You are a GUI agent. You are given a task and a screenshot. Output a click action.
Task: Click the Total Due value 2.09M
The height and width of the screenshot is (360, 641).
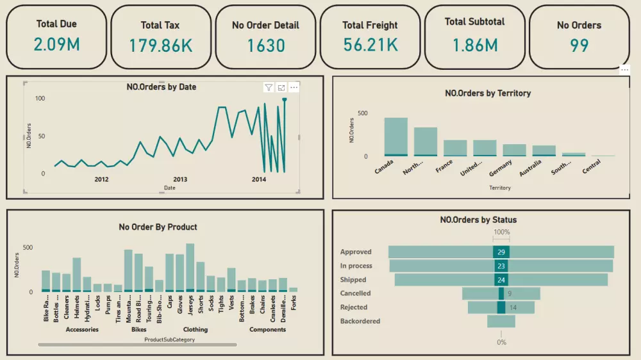tap(56, 45)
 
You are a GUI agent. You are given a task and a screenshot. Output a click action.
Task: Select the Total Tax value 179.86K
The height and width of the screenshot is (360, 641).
tap(160, 45)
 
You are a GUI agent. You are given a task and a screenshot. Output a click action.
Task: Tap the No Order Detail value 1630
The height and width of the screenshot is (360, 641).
tap(265, 45)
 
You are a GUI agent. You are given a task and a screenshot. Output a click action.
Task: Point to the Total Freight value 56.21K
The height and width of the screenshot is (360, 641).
tap(370, 45)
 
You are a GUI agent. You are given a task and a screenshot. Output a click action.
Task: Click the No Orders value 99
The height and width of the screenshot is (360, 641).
tap(579, 45)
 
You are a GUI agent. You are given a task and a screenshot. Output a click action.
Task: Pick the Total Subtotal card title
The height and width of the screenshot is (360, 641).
tap(474, 22)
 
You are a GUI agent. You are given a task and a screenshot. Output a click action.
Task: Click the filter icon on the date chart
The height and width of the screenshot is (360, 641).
tap(269, 88)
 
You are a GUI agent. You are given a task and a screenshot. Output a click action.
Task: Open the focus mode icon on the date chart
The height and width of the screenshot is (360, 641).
tap(281, 88)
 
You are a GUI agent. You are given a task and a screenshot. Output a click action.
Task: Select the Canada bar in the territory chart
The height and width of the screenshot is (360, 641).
tap(395, 136)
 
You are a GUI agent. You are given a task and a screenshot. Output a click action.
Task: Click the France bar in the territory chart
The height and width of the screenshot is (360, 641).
tap(455, 148)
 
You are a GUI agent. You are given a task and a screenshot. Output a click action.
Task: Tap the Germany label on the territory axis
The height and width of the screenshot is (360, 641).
tap(501, 167)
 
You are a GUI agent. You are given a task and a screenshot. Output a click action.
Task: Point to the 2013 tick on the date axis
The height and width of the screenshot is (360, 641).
tap(180, 179)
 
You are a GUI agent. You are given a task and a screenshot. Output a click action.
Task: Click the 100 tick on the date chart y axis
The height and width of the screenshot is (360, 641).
tap(40, 99)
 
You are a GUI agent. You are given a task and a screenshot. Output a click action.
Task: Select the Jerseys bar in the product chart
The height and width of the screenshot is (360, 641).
tap(190, 267)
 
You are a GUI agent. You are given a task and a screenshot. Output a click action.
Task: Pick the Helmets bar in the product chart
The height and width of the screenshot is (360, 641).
tap(77, 274)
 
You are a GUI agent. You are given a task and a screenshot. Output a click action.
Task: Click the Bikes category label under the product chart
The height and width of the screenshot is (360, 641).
tap(139, 329)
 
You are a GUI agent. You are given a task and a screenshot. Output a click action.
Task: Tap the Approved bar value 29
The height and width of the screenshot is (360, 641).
tap(501, 252)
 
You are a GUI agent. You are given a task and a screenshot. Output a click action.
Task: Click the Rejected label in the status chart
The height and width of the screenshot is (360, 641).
tap(354, 307)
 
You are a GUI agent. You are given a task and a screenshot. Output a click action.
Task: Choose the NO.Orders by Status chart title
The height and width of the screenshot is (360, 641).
tap(478, 220)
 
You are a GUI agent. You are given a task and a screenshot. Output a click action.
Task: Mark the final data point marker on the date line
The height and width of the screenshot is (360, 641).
tap(284, 100)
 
